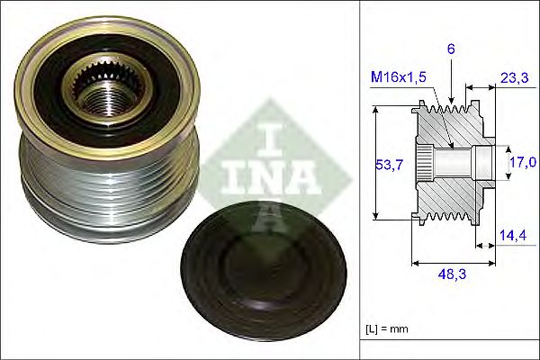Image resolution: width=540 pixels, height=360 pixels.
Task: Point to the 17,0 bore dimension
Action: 523,163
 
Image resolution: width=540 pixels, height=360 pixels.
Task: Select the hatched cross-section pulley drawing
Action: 450,162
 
